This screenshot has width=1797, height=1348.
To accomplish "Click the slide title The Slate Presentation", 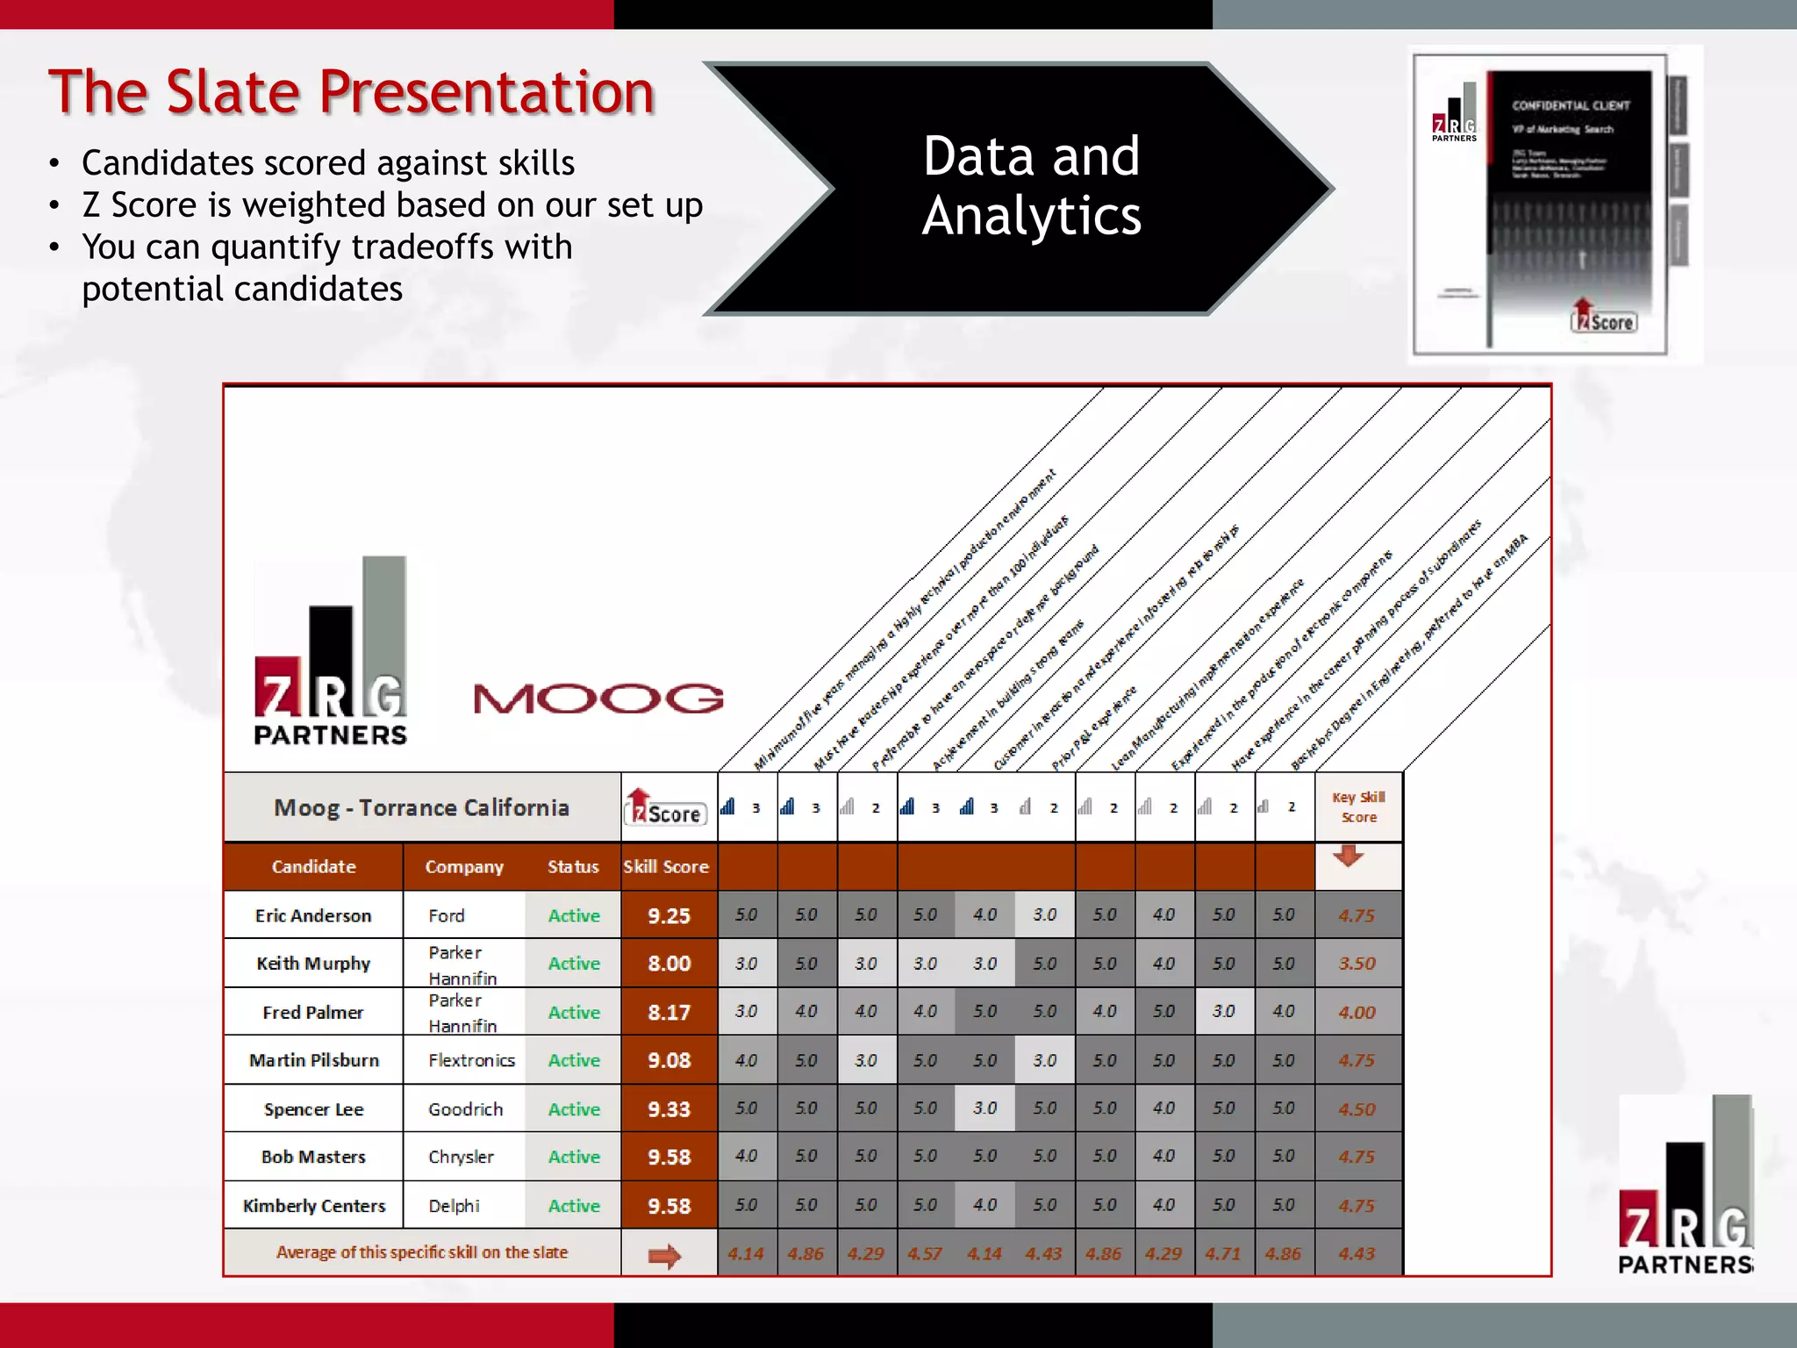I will (351, 92).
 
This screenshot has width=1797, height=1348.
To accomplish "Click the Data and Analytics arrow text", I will (1031, 186).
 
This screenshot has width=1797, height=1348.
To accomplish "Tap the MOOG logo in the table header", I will (598, 699).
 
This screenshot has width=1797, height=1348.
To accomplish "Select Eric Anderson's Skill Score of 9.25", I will (669, 915).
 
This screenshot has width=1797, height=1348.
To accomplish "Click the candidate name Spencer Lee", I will (313, 1109).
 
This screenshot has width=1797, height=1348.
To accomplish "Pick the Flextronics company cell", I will (471, 1060).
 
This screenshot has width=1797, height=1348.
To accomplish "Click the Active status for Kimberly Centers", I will (574, 1206).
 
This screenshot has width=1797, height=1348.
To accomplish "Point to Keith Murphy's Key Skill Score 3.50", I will (1357, 964).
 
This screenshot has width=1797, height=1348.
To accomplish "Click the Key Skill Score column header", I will (1358, 807).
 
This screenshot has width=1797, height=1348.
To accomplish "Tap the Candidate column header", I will (313, 867).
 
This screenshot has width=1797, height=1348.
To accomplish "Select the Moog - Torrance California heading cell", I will (421, 807).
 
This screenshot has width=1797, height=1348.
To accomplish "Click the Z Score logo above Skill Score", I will (666, 808).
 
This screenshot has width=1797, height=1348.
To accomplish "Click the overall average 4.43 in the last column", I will (1357, 1254).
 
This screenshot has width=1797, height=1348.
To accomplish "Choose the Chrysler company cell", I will (461, 1158).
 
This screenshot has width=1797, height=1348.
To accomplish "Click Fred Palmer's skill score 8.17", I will (669, 1012).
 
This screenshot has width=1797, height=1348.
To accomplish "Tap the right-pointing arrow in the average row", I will (664, 1256).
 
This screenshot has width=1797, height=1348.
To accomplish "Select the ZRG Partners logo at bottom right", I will (1686, 1185).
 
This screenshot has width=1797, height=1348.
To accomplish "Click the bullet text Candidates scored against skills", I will (328, 163).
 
